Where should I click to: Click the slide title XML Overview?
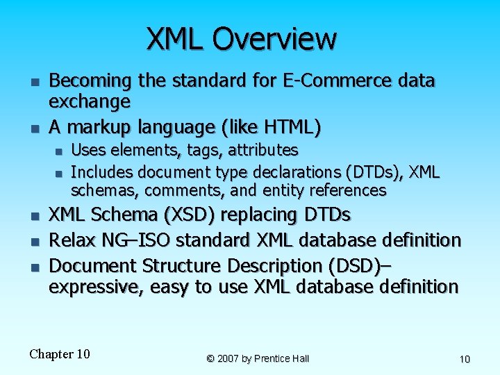(241, 39)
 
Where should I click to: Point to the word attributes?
(263, 150)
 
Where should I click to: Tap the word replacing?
(253, 215)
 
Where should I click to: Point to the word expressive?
(94, 287)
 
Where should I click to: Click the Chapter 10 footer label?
(60, 354)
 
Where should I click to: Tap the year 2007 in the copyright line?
(230, 359)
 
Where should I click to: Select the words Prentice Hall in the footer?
(282, 359)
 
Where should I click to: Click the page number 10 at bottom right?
(465, 359)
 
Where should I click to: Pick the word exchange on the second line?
(90, 102)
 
